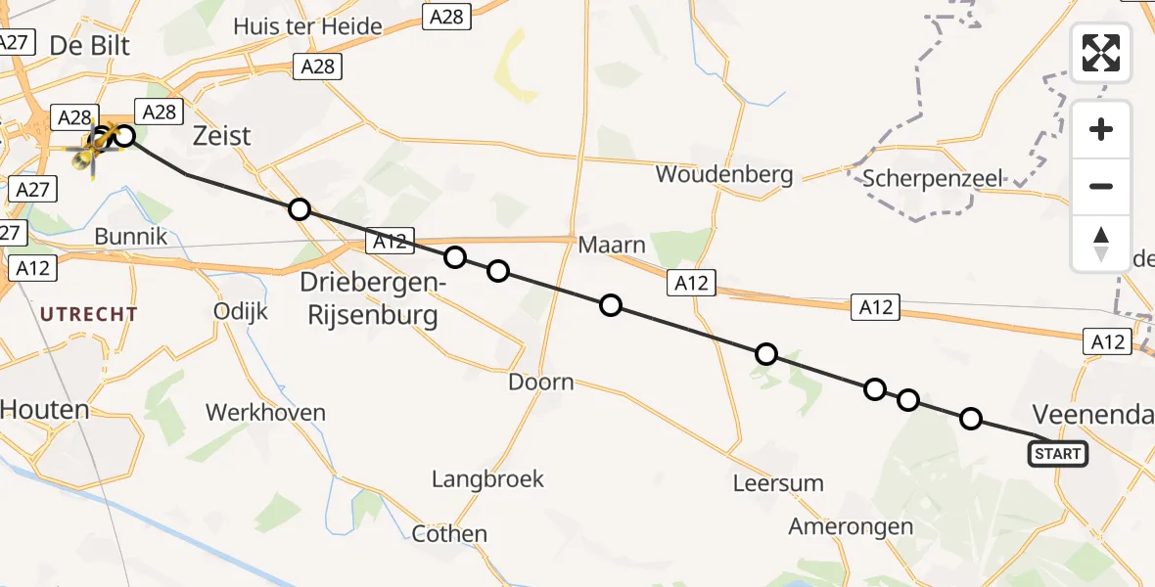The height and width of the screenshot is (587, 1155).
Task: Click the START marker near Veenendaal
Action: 1057,453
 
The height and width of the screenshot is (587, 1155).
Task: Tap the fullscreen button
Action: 1101,52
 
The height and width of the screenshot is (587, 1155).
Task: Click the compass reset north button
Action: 1101,244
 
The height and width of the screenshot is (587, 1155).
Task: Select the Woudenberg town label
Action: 724,174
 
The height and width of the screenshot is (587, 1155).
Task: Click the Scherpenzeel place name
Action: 933,178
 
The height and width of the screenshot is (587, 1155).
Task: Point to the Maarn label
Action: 612,244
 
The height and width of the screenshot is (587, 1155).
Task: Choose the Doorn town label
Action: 541,382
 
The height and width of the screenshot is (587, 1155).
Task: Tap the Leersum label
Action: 778,482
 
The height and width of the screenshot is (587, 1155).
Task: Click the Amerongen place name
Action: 851,526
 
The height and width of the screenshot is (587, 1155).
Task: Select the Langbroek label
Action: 487,478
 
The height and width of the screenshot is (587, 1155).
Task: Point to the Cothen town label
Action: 449,533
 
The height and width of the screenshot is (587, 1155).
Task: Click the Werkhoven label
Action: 265,412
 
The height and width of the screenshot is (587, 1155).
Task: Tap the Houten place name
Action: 44,409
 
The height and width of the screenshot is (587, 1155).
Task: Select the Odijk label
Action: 240,310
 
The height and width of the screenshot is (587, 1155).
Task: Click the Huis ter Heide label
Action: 307,26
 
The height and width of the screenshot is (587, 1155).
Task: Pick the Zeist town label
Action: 222,136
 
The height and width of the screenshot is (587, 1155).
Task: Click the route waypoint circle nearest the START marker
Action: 970,419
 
